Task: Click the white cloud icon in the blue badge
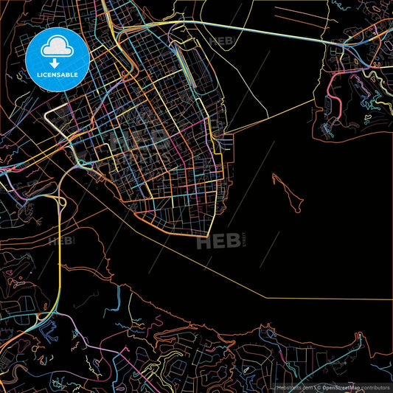click(58, 47)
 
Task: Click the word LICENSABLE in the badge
click(58, 74)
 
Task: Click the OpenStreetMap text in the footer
click(335, 386)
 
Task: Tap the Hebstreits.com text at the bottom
click(295, 386)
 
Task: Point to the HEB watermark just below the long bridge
click(223, 41)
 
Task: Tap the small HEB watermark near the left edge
click(61, 240)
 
